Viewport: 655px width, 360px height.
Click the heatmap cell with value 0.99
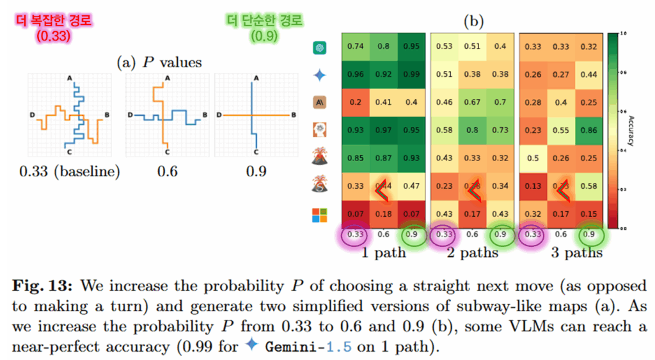[412, 74]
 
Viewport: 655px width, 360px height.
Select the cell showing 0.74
[355, 46]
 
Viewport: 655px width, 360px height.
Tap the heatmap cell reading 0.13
[533, 185]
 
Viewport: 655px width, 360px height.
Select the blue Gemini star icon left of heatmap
[320, 75]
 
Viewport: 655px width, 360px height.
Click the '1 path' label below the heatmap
[383, 253]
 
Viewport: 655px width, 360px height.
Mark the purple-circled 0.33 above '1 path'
[355, 234]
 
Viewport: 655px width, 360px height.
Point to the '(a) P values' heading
[159, 62]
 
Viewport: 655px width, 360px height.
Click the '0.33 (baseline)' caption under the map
[70, 171]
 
